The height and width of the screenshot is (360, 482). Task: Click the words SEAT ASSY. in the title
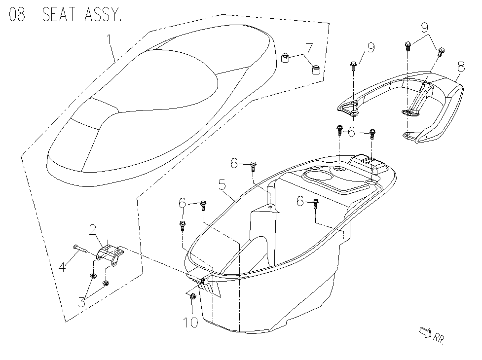coord(81,14)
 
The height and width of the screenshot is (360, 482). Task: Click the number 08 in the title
coord(17,14)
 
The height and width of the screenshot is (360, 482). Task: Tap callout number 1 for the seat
coord(110,38)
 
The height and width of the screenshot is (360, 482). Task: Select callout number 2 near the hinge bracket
coord(92,230)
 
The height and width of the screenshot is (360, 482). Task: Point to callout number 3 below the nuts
coord(82,302)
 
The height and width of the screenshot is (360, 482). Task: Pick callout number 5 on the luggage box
coord(222,186)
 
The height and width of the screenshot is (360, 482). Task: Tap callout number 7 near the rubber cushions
coord(309,48)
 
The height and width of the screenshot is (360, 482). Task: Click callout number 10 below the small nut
coord(190,323)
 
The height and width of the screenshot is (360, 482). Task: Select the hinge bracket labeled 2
coord(109,254)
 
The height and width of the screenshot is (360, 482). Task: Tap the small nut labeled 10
coord(193,296)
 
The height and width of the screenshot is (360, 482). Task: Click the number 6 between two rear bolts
coord(351,132)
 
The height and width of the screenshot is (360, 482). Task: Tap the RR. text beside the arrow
coord(439,338)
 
